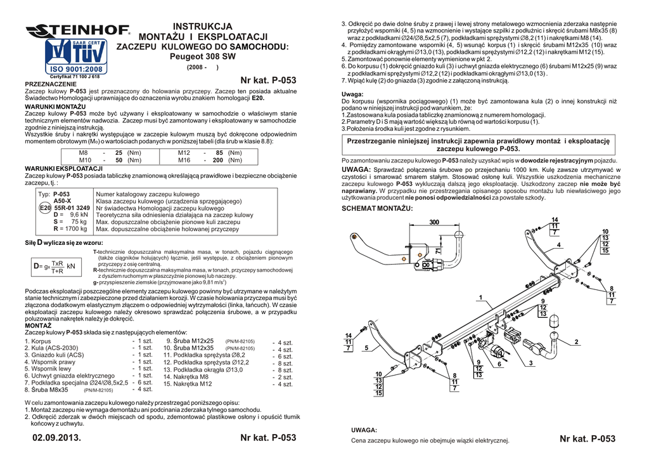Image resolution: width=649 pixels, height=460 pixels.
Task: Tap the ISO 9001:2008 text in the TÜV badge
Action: (x=75, y=69)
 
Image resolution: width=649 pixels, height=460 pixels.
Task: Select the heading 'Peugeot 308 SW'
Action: (x=203, y=56)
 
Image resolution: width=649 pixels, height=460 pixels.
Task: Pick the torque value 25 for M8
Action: (x=119, y=153)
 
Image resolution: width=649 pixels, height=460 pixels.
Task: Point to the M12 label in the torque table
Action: (x=184, y=153)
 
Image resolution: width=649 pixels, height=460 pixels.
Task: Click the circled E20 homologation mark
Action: (x=44, y=208)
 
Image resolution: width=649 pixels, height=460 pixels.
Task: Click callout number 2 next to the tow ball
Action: (x=576, y=342)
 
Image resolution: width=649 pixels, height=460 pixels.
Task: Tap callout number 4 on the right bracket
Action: (x=559, y=244)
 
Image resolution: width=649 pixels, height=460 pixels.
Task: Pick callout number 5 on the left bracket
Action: (x=366, y=348)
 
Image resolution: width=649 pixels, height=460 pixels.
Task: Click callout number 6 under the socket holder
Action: (x=499, y=364)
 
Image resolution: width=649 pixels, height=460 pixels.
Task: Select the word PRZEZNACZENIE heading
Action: (x=50, y=84)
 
